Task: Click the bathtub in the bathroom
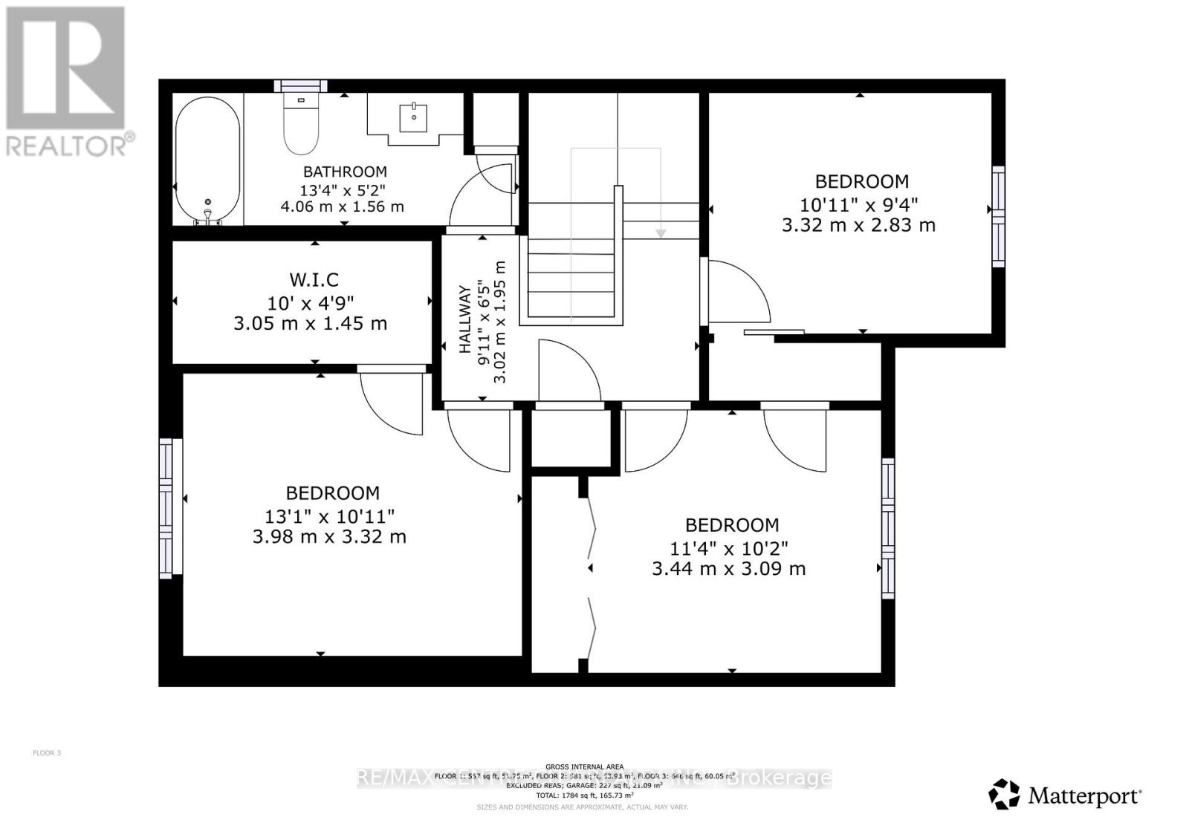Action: (x=207, y=160)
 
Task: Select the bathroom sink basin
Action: (x=413, y=117)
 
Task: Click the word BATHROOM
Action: (x=345, y=172)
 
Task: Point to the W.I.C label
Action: (x=314, y=279)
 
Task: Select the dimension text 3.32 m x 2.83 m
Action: (x=858, y=224)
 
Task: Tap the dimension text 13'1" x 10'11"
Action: (x=329, y=515)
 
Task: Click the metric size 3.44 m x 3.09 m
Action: (x=728, y=569)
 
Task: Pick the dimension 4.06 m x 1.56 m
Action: (x=342, y=206)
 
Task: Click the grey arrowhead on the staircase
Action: (x=660, y=233)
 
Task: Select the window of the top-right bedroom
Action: (x=998, y=216)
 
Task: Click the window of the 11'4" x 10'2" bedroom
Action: (x=887, y=528)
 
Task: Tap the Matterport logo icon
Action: (x=1004, y=794)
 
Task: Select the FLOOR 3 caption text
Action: (x=47, y=753)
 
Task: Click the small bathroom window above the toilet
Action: (x=300, y=85)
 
